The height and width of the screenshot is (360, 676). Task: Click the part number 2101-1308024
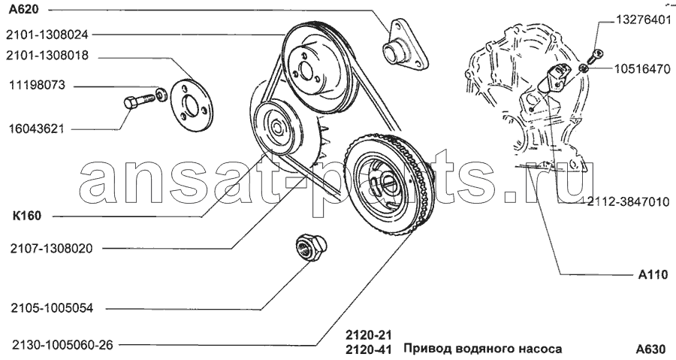pyautogui.click(x=47, y=35)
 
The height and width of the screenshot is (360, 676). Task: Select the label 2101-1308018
pyautogui.click(x=47, y=56)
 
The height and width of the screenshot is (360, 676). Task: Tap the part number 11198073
pyautogui.click(x=38, y=85)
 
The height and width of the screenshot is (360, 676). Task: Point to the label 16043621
pyautogui.click(x=37, y=129)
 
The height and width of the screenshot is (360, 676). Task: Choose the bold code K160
pyautogui.click(x=27, y=216)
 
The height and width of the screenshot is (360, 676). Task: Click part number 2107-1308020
pyautogui.click(x=52, y=249)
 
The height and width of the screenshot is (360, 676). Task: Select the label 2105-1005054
pyautogui.click(x=52, y=308)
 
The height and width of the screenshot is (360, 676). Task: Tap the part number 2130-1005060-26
pyautogui.click(x=62, y=345)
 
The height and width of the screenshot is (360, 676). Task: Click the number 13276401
pyautogui.click(x=643, y=20)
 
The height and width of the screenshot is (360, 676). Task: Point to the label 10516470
pyautogui.click(x=642, y=69)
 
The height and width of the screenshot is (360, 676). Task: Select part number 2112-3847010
pyautogui.click(x=628, y=201)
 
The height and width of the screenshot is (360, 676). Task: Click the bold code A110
pyautogui.click(x=653, y=274)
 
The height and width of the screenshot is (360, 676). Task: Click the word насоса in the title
pyautogui.click(x=541, y=349)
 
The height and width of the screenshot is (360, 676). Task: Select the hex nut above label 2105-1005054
pyautogui.click(x=311, y=247)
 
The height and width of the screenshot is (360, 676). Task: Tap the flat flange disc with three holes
pyautogui.click(x=190, y=104)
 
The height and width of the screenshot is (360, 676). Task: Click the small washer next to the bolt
pyautogui.click(x=161, y=95)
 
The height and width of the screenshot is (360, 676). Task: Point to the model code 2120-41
pyautogui.click(x=368, y=349)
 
